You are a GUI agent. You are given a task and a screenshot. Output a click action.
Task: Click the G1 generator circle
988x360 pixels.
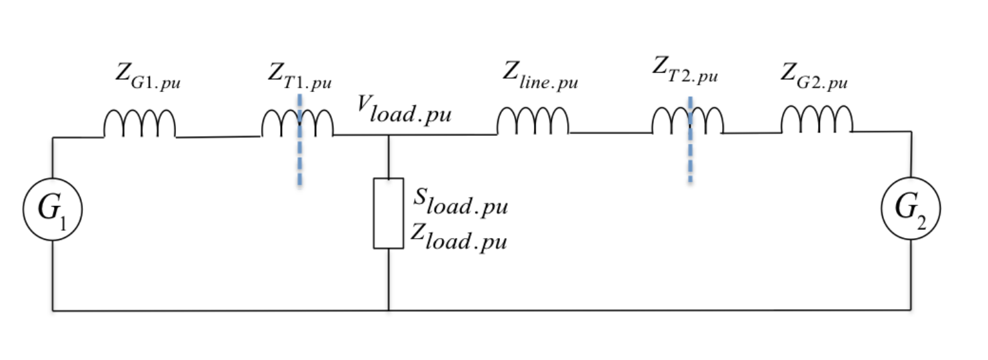point(53,209)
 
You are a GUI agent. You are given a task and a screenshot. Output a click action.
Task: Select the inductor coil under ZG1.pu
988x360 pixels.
point(139,125)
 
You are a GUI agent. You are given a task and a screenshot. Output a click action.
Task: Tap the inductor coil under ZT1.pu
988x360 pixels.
point(297,123)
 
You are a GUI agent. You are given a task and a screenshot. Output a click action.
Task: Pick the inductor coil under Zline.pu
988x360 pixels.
point(533,122)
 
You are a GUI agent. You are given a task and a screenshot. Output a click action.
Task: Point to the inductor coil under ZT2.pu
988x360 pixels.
point(687,121)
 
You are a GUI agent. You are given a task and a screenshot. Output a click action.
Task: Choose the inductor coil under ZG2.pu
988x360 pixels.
point(817,120)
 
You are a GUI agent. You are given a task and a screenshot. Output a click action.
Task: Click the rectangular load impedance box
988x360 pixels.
point(388,213)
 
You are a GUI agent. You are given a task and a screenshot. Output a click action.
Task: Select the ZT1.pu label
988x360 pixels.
point(300,77)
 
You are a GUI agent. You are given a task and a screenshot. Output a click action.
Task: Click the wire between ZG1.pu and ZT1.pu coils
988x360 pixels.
point(217,137)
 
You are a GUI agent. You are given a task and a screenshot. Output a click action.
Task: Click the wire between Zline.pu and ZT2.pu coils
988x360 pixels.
point(610,133)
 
